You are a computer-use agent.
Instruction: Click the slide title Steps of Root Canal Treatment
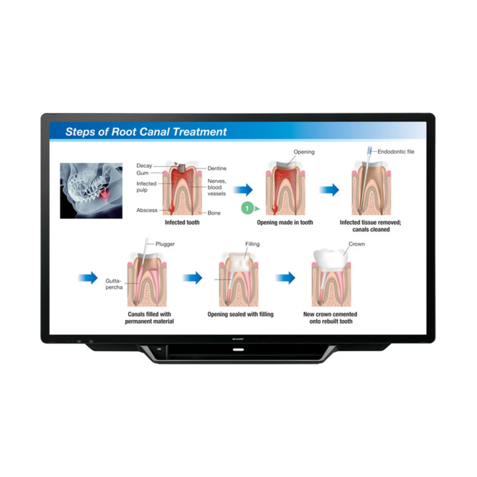146,132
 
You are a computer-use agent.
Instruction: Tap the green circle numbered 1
247,208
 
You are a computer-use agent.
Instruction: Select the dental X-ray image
91,191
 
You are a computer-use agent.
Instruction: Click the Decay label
144,166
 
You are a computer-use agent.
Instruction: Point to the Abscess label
147,210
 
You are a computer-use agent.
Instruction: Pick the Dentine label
217,168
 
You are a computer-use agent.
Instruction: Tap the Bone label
214,213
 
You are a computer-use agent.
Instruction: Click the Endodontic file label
396,152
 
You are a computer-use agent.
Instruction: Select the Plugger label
165,244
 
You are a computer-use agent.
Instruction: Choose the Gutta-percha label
114,284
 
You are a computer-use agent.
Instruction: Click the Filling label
252,244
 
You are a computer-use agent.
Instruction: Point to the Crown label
356,244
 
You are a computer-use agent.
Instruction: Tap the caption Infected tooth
182,223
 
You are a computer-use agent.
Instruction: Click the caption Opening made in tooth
285,223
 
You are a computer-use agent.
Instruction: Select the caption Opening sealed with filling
240,315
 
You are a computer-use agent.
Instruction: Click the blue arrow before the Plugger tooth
88,278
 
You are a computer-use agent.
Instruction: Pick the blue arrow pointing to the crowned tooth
285,278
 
